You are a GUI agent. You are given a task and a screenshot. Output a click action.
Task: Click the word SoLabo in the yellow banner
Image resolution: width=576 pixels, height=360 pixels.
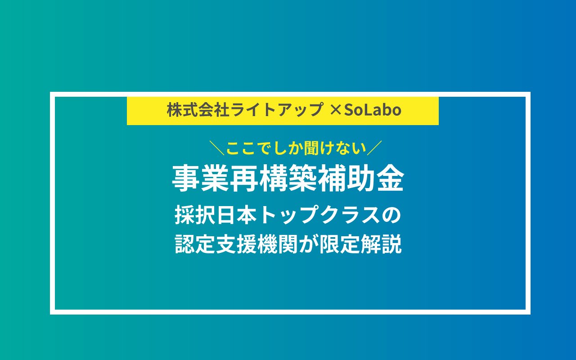373,110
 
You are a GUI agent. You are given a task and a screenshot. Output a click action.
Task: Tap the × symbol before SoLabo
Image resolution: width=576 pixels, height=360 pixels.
335,110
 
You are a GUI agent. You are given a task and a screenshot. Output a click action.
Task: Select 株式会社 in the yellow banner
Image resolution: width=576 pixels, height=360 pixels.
198,110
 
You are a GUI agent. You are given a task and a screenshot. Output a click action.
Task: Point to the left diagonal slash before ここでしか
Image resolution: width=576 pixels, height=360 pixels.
217,148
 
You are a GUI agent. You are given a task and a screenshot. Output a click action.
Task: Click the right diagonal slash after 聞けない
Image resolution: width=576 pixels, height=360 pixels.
374,148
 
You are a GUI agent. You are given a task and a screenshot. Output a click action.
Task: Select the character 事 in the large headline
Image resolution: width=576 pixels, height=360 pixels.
186,178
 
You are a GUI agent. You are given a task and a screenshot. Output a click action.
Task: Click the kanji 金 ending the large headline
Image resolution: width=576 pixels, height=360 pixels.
391,178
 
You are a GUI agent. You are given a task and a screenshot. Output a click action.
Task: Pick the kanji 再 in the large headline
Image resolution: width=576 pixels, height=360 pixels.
244,178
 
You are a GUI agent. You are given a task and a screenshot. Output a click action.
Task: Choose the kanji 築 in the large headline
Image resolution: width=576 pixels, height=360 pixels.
303,178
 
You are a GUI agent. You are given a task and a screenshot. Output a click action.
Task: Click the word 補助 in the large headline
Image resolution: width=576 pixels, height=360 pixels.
346,178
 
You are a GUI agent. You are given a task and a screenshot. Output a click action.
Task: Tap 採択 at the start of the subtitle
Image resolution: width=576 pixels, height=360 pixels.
195,215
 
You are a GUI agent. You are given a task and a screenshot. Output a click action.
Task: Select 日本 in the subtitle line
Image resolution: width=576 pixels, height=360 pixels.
237,215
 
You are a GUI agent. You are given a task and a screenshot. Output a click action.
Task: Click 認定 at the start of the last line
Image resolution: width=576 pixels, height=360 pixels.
195,244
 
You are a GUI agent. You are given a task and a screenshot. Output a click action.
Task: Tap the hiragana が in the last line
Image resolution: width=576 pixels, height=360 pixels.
308,244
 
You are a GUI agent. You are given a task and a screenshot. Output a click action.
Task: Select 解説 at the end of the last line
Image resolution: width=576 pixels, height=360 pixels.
381,244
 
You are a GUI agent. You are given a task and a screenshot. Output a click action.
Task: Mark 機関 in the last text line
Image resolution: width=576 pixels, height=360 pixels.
278,244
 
